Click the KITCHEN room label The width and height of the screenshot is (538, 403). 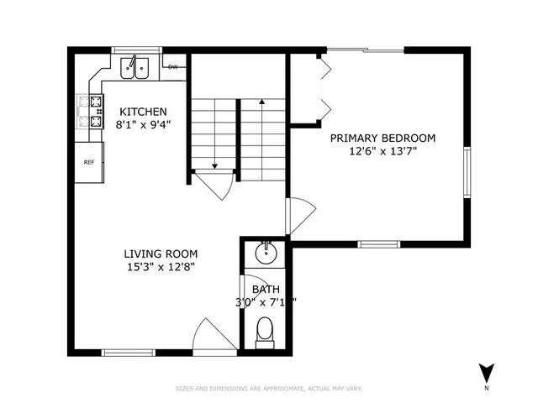(x=142, y=112)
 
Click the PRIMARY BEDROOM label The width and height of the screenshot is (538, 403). (x=382, y=138)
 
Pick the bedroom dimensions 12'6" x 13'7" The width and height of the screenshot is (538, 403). (x=382, y=151)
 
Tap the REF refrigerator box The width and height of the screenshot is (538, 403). (x=87, y=162)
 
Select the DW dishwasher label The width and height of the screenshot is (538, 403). (x=173, y=66)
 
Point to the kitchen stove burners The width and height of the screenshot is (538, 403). (x=89, y=113)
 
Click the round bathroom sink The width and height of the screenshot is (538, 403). (x=265, y=251)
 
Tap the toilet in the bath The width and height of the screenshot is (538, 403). (x=265, y=331)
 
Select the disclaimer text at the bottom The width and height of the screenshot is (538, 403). (x=268, y=388)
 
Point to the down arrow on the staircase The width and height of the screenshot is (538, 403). (x=215, y=165)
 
